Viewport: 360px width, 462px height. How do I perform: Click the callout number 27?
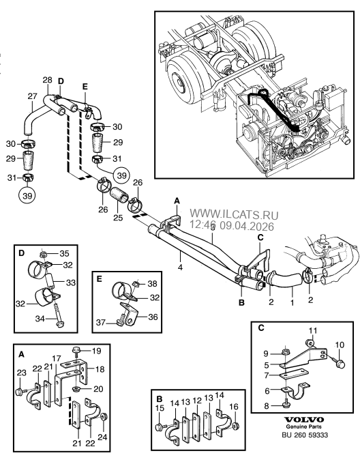coord(32,96)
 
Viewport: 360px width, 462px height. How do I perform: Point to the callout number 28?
coord(47,80)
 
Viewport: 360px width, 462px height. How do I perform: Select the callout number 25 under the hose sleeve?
coord(118,218)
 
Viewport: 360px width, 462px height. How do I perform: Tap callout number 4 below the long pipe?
coord(180,268)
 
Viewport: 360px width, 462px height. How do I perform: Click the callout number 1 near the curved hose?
coord(292,302)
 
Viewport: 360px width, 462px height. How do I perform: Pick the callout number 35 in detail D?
coord(64,253)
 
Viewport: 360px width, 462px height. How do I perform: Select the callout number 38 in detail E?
coord(152,283)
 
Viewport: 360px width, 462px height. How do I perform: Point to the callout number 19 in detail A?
coord(96,351)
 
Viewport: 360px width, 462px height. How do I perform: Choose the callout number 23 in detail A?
coord(22,373)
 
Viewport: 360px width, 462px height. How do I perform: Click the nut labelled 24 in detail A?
coord(104,417)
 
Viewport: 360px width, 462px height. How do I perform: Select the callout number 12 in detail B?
coord(197,401)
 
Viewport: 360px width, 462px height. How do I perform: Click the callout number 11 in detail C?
coord(312,330)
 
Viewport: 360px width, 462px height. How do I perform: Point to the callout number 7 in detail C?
coord(267,376)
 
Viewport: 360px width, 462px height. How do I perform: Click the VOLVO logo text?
coord(304,420)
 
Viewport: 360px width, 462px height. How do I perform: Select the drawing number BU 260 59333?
coord(305,435)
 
